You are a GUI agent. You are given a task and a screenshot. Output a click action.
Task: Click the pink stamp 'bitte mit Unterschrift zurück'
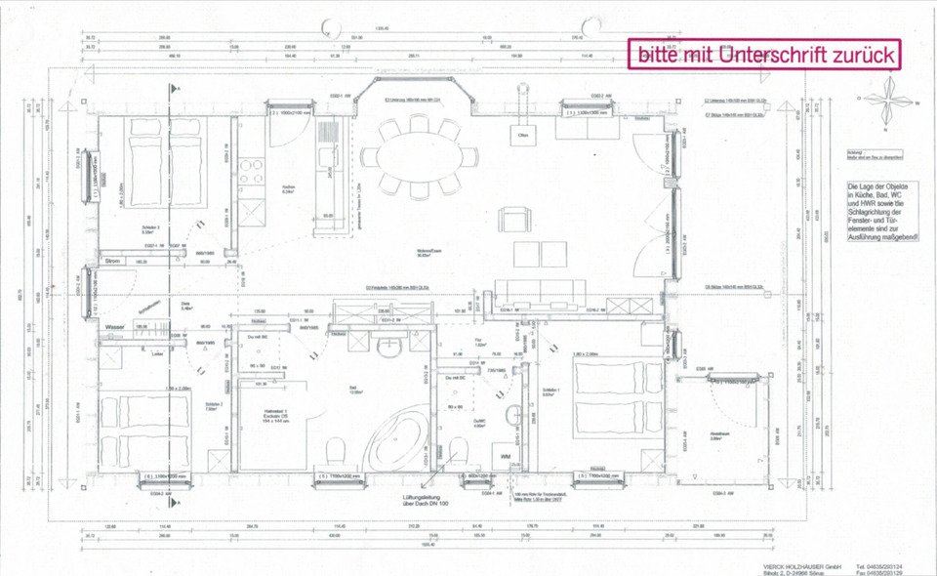766,55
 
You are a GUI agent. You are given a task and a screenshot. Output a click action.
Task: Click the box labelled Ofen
522,136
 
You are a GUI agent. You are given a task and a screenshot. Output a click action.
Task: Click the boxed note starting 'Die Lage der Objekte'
883,217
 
